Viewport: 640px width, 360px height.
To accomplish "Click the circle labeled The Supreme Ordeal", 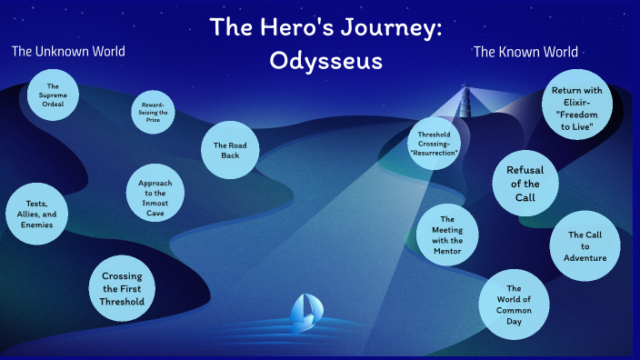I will (x=53, y=95).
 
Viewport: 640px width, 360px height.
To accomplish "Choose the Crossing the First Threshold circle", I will (x=122, y=289).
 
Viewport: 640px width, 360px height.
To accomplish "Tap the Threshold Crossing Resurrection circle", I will (x=435, y=143).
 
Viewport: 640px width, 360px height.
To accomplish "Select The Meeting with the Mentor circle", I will (x=446, y=235).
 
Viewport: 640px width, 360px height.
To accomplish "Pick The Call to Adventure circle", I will (x=585, y=245).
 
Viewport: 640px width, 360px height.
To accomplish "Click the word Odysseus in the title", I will (x=326, y=61).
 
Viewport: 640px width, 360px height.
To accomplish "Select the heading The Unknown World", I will (x=68, y=51).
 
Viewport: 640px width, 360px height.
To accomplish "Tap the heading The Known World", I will (x=525, y=52).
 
